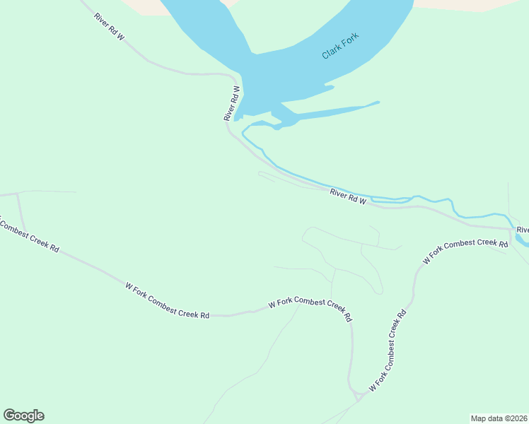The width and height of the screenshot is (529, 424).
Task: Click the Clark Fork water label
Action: click(x=340, y=45)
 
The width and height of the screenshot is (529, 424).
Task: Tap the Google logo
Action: click(x=23, y=416)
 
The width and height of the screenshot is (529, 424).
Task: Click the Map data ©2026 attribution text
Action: click(x=499, y=418)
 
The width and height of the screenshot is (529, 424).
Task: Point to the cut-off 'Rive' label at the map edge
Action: click(x=523, y=230)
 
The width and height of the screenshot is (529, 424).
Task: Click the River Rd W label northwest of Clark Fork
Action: click(x=109, y=25)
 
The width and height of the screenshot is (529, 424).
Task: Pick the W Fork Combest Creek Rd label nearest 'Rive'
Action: click(x=465, y=252)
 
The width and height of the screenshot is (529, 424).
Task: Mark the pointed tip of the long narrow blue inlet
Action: click(x=378, y=102)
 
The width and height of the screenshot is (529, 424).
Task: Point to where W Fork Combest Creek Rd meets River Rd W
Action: click(x=510, y=229)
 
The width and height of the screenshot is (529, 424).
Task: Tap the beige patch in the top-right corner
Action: click(x=481, y=4)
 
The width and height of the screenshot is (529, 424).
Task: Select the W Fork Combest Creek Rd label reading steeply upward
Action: click(x=388, y=351)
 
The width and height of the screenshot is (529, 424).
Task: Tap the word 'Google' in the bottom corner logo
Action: click(x=23, y=416)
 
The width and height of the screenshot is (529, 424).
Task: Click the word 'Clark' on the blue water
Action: click(x=332, y=51)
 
